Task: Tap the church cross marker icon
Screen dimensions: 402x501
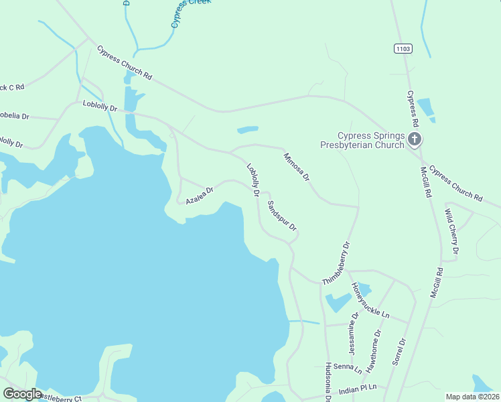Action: pos(415,139)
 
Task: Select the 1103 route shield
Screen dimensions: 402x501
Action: pos(403,49)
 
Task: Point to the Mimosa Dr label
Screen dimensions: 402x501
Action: pos(296,167)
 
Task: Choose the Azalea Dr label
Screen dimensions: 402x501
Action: pos(199,195)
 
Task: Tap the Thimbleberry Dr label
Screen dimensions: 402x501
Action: pos(337,263)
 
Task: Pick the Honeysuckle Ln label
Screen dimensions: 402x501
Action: pos(370,299)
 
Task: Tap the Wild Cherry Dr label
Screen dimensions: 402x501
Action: pos(451,231)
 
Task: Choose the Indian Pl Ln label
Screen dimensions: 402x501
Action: pos(358,388)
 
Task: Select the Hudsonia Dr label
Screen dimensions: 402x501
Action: pos(328,382)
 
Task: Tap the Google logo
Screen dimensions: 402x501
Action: pos(23,394)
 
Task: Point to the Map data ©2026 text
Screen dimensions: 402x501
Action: pos(472,397)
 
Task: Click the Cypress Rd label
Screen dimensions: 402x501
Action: pos(413,109)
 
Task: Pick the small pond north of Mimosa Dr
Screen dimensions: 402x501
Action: pos(247,129)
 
